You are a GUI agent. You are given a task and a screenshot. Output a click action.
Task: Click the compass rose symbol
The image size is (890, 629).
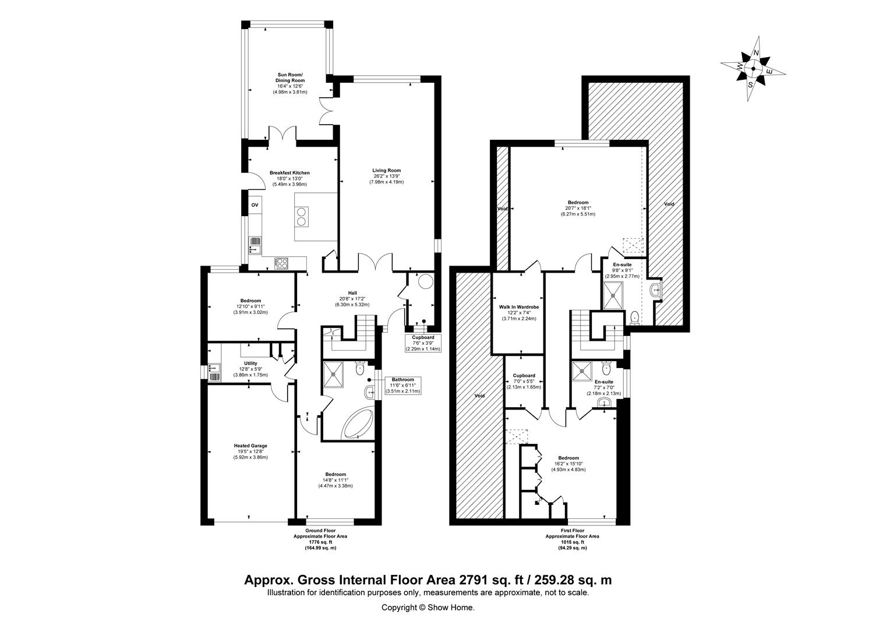[x=753, y=69]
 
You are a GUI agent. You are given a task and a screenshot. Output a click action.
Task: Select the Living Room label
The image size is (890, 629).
[x=387, y=171]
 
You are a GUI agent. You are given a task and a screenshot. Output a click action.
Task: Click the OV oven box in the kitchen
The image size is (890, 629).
[x=255, y=206]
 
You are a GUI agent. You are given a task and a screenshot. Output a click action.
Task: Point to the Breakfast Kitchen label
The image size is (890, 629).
[x=289, y=173]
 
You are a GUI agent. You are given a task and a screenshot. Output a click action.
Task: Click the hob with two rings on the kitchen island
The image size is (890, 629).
[x=302, y=217]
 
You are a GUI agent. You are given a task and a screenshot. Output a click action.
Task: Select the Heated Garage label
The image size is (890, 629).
[x=251, y=446]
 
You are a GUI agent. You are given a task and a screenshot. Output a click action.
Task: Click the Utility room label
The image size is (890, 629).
[x=250, y=363]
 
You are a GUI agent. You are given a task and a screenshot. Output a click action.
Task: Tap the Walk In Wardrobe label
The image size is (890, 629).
[x=518, y=307]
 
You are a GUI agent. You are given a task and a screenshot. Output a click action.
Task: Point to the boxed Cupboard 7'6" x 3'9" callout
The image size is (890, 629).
[x=423, y=343]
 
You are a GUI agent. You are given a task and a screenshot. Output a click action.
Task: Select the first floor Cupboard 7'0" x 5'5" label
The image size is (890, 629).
[x=524, y=376]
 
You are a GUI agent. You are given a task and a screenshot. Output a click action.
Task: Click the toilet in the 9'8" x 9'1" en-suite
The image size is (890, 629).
[x=634, y=317]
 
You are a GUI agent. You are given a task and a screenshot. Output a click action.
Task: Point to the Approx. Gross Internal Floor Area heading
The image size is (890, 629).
[x=428, y=580]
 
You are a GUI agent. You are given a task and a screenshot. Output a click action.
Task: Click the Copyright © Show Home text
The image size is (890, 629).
[x=428, y=607]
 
